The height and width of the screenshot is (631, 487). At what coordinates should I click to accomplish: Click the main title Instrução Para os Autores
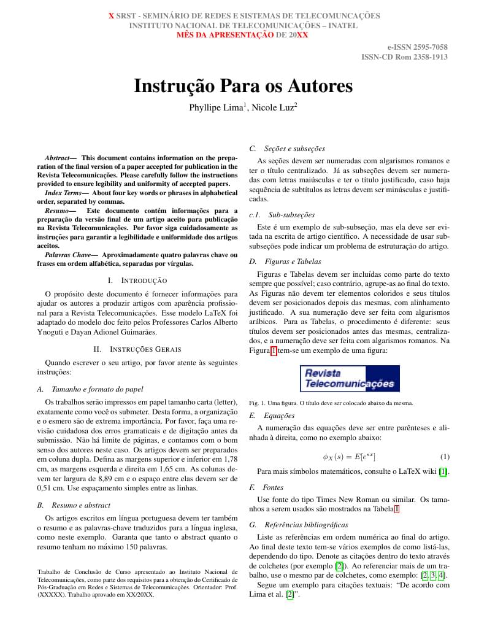pyautogui.click(x=243, y=85)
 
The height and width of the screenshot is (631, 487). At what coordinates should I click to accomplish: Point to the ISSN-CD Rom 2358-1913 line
pyautogui.click(x=404, y=57)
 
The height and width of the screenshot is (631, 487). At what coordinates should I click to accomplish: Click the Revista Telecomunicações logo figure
pyautogui.click(x=350, y=379)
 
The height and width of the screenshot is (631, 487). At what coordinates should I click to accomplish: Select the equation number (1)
pyautogui.click(x=445, y=457)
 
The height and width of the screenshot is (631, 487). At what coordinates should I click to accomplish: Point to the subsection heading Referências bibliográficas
pyautogui.click(x=306, y=525)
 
